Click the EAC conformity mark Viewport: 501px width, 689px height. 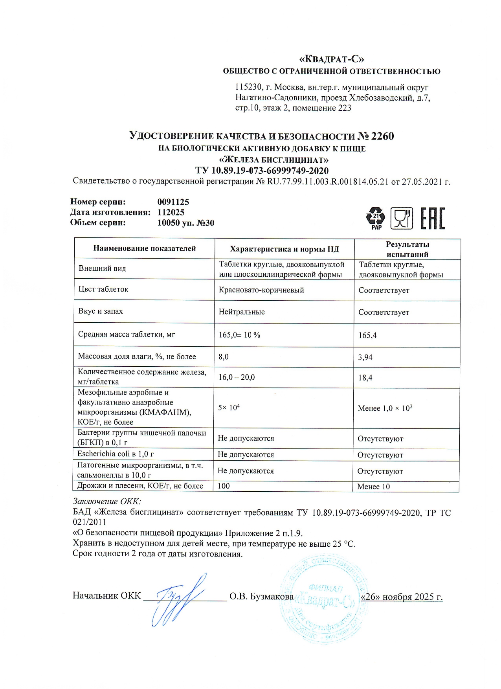[x=433, y=218]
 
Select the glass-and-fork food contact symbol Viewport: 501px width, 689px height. [x=402, y=218]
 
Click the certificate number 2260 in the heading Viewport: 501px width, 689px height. [x=382, y=136]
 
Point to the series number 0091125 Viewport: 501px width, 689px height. [x=173, y=202]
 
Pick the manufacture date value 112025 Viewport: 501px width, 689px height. [x=171, y=212]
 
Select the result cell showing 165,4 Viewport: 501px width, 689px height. [x=367, y=335]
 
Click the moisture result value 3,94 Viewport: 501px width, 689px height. [x=365, y=357]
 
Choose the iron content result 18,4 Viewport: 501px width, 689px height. [x=365, y=378]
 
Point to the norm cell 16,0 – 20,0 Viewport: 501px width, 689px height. [x=237, y=377]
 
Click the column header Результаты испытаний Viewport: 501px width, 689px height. [x=407, y=249]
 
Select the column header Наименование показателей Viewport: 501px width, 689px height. [x=145, y=248]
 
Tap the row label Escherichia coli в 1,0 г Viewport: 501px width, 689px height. [x=116, y=454]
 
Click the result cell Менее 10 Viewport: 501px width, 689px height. [x=373, y=487]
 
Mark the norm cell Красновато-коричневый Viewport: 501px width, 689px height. [x=261, y=290]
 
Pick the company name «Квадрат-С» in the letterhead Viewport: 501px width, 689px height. [x=332, y=59]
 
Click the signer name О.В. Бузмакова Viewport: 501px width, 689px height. [x=261, y=597]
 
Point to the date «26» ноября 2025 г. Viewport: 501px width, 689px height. [x=402, y=597]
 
